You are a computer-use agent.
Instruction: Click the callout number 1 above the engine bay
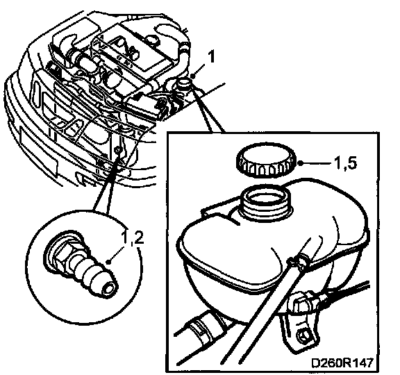click(211, 57)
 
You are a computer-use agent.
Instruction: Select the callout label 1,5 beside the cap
click(344, 163)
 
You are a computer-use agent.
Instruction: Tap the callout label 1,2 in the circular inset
click(133, 237)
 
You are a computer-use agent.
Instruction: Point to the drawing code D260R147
click(342, 362)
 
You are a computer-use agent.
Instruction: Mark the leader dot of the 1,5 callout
click(301, 163)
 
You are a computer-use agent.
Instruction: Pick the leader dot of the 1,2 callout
click(109, 262)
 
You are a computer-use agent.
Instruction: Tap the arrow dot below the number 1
click(193, 76)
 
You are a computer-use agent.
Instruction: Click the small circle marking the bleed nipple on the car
click(117, 149)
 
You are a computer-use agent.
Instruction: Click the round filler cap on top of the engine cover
click(152, 40)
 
